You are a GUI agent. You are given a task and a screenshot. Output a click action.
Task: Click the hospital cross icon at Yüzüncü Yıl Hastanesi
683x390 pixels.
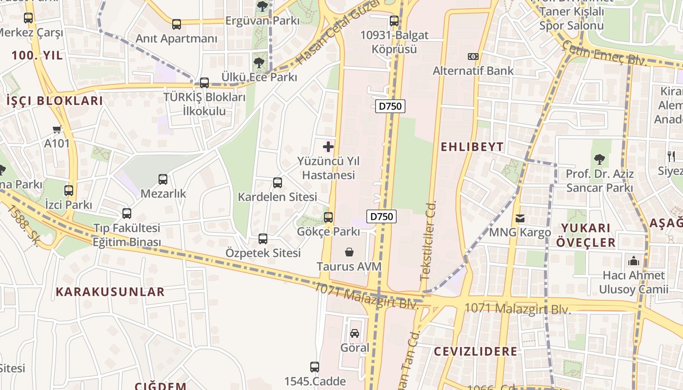coord(328,146)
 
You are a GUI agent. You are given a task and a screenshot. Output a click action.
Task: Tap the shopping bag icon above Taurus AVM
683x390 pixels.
coord(349,252)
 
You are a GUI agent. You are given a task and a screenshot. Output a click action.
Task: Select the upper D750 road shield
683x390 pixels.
coord(390,106)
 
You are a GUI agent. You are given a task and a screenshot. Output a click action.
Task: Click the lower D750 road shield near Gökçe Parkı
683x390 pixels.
coord(381,216)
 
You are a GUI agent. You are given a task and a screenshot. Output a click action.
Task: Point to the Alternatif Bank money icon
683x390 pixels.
coord(473,57)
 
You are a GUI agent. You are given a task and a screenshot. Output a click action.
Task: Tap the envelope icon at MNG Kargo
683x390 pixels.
coord(520,218)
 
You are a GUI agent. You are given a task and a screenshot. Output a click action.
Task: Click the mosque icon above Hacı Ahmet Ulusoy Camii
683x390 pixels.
coord(634,261)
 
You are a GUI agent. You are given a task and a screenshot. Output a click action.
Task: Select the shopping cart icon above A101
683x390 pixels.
coord(57,129)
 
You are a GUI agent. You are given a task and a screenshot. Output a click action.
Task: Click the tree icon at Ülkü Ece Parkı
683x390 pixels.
coord(259,62)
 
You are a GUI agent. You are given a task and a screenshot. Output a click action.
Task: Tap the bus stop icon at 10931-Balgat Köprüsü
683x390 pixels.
coord(394,21)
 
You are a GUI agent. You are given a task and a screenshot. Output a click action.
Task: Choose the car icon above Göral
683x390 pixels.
coord(355,333)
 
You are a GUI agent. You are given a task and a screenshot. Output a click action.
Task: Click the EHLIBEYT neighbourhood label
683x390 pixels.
coord(472,147)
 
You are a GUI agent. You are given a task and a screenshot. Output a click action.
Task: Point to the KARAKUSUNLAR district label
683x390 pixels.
coord(110,292)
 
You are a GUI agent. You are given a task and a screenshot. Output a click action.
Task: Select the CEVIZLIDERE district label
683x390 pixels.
coord(475,351)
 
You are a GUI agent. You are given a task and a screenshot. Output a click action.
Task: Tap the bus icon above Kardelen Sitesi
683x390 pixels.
coord(278,183)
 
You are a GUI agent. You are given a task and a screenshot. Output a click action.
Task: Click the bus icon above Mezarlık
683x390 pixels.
coord(163,179)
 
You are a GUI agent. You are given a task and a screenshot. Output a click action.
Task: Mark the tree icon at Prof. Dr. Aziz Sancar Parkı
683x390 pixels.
coord(599,159)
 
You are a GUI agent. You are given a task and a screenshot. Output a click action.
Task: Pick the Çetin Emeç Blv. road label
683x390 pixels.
coord(604,54)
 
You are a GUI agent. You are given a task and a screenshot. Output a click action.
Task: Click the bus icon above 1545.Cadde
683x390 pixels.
coord(315,367)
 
